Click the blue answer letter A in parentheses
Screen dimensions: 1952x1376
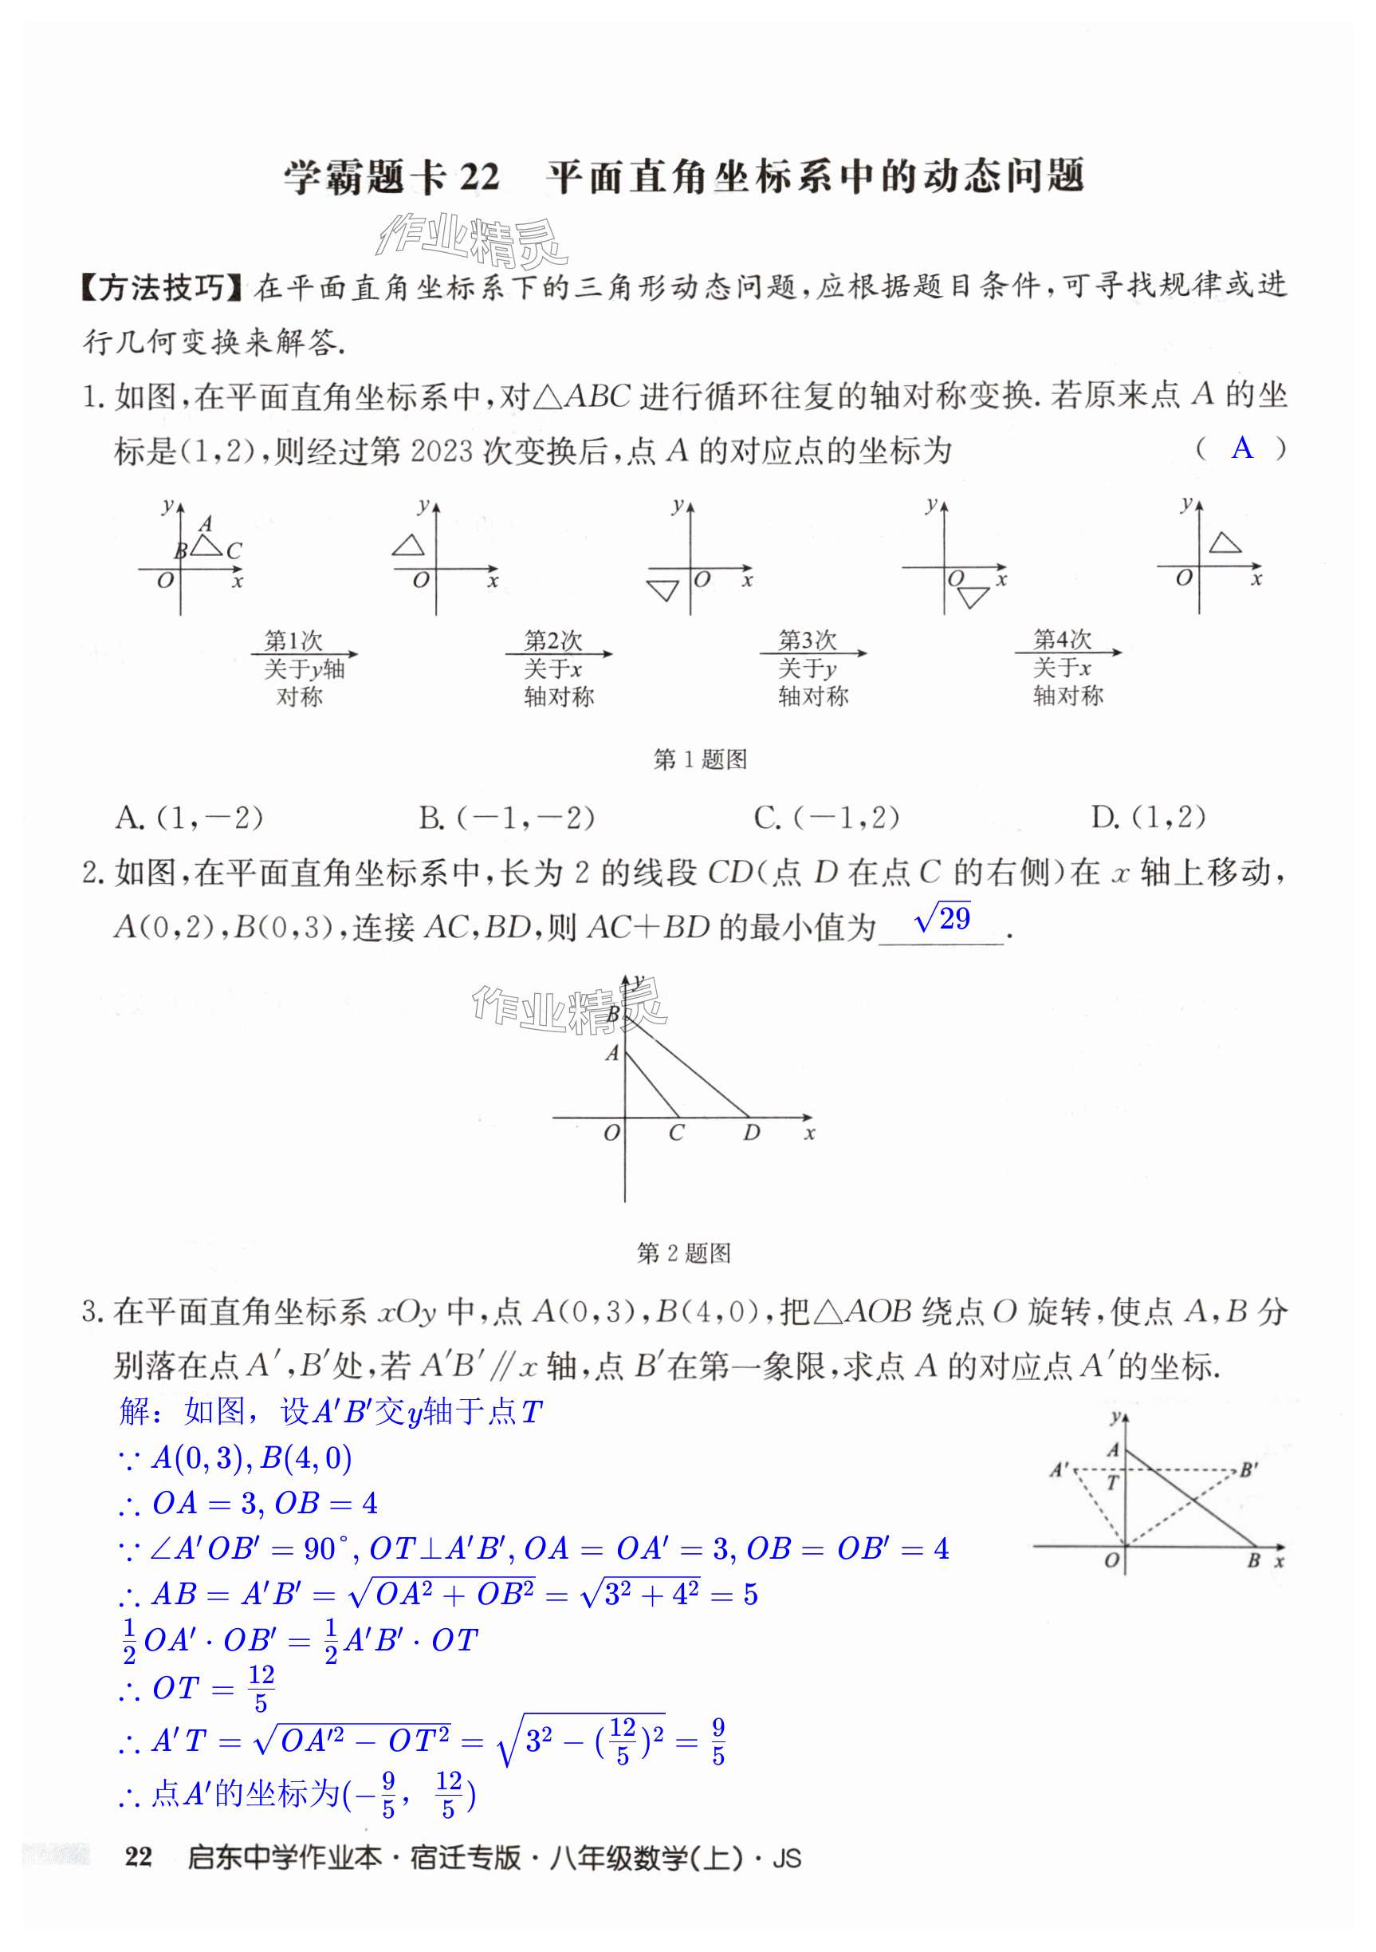tap(1242, 448)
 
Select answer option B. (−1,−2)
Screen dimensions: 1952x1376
tap(506, 818)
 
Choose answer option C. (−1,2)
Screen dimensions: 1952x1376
tap(826, 818)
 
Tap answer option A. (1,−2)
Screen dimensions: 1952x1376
tap(189, 818)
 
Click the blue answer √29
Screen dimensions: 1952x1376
tap(942, 919)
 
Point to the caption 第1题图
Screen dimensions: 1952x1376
tap(699, 759)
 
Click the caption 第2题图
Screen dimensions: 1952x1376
tap(683, 1252)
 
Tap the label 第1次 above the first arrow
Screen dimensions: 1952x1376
tap(293, 639)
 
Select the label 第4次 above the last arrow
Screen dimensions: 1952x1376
tap(1062, 638)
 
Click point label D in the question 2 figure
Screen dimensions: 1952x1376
tap(751, 1134)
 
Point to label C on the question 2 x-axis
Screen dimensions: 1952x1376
tap(676, 1134)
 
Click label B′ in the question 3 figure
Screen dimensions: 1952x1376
tap(1248, 1470)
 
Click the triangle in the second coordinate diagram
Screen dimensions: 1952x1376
tap(408, 545)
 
